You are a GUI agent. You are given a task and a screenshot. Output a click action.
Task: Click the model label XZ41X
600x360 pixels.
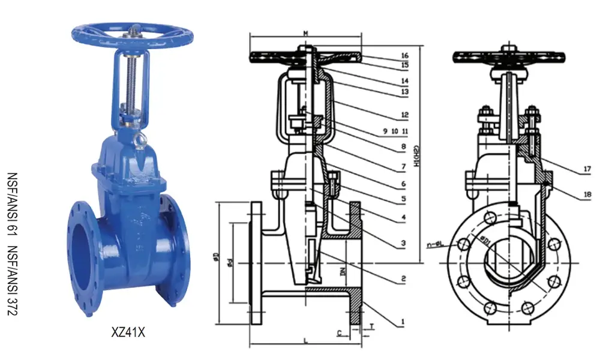coord(128,331)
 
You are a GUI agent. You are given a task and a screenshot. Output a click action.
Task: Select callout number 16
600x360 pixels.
coord(405,55)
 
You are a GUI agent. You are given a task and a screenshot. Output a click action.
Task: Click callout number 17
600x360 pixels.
coord(586,170)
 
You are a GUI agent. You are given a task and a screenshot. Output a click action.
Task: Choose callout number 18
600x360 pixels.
coord(586,194)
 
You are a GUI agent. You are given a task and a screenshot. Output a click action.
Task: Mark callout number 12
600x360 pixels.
coord(405,115)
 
